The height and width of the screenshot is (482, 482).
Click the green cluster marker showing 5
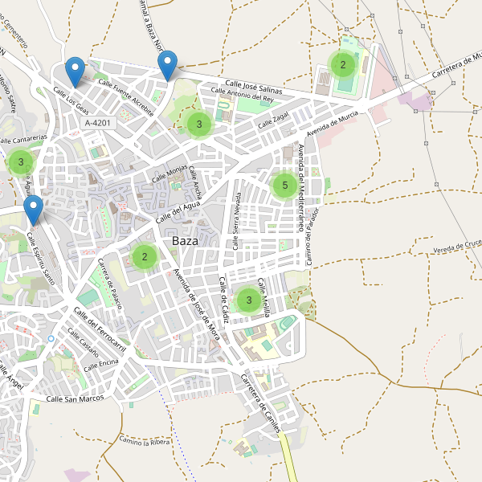pyautogui.click(x=282, y=186)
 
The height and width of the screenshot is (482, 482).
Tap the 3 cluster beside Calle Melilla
pyautogui.click(x=249, y=300)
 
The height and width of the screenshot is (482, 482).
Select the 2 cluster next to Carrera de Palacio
pyautogui.click(x=145, y=257)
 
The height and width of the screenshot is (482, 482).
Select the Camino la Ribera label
pyautogui.click(x=146, y=440)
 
